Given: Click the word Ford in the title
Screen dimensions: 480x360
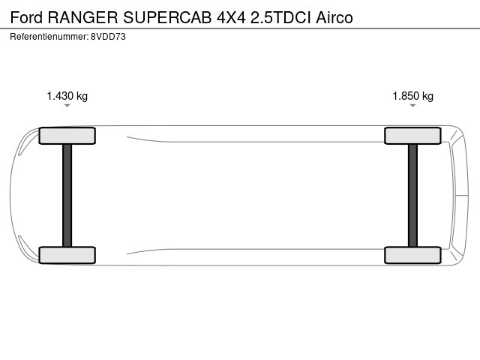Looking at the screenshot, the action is pos(26,17).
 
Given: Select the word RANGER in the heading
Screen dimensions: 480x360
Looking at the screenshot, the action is pos(83,17).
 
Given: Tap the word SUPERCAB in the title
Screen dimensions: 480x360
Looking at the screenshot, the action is pos(167,17).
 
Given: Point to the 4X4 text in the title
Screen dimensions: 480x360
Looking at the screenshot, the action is pos(232,17).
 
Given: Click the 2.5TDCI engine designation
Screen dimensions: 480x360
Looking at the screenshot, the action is pos(280,17).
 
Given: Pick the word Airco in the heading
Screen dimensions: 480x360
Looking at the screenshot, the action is pos(334,17).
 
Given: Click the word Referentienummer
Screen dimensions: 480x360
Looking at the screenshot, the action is pos(48,37).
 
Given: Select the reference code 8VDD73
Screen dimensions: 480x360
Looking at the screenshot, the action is pos(108,37).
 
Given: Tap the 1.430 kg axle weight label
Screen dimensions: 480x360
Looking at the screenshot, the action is pos(67,96).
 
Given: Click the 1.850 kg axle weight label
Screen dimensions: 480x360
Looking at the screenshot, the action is pos(413,96).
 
